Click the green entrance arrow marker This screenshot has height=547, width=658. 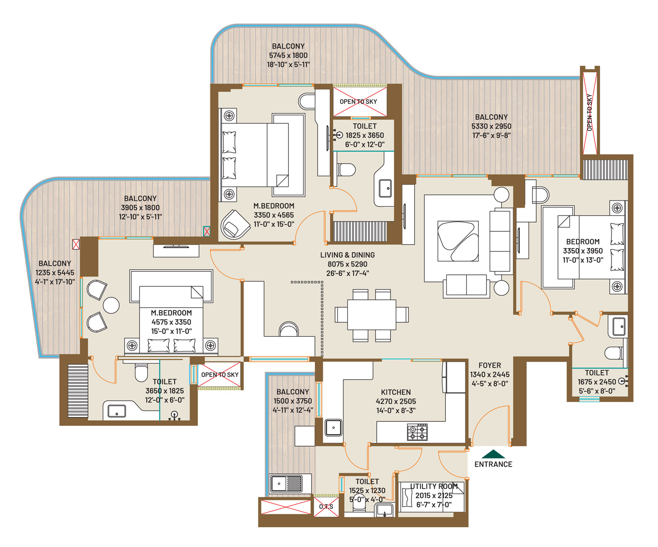(493, 454)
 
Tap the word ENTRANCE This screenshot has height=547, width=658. (493, 464)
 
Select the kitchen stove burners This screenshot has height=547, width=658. (417, 432)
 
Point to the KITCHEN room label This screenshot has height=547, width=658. (396, 392)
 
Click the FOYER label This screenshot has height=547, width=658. (490, 365)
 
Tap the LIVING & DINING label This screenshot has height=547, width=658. (347, 255)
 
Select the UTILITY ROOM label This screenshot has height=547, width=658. (434, 486)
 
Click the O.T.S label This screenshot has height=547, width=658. (326, 507)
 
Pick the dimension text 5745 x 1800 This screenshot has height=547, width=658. (288, 55)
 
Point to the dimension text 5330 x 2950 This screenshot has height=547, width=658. (491, 126)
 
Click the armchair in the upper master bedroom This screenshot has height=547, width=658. (235, 224)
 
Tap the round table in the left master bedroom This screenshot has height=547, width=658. (111, 305)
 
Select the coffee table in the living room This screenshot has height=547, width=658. (458, 241)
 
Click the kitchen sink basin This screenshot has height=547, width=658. (333, 428)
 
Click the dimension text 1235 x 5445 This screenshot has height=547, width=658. (55, 273)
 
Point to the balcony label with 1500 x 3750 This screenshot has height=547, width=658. (293, 392)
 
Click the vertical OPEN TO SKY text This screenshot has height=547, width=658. (589, 112)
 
